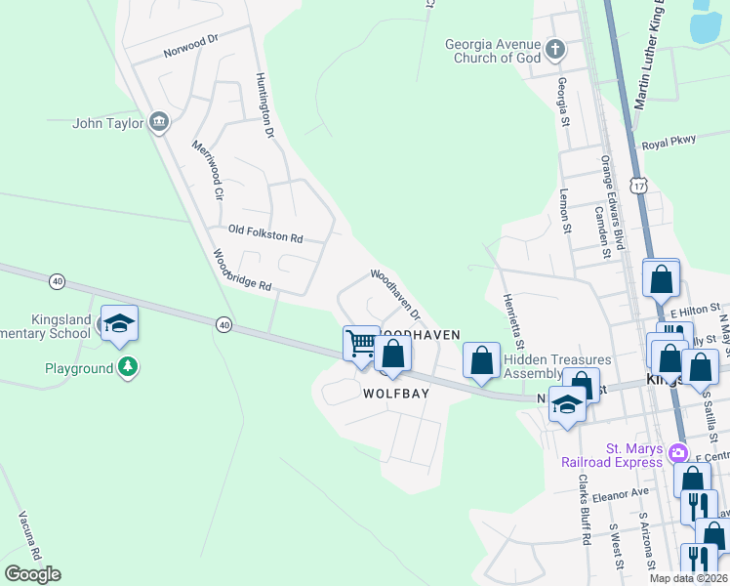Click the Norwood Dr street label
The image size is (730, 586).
click(189, 45)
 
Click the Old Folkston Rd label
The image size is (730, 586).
click(265, 234)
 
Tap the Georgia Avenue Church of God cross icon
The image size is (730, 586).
click(555, 50)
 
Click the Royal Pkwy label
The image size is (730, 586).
click(669, 142)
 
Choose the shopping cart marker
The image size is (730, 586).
click(361, 344)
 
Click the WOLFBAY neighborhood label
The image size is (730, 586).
click(397, 394)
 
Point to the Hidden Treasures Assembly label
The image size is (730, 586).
click(556, 366)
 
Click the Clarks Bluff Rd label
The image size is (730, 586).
click(584, 509)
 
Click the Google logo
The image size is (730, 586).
click(32, 574)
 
